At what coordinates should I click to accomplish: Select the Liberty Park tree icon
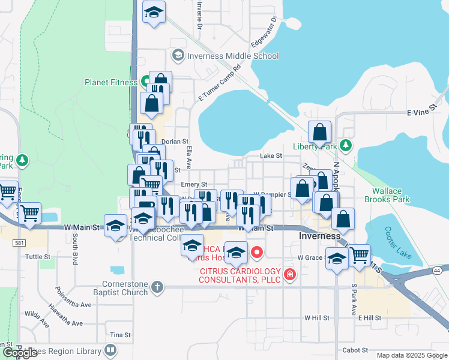tap(345, 145)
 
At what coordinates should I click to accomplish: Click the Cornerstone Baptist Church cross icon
tap(157, 286)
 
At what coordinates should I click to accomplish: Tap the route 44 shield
tap(434, 271)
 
